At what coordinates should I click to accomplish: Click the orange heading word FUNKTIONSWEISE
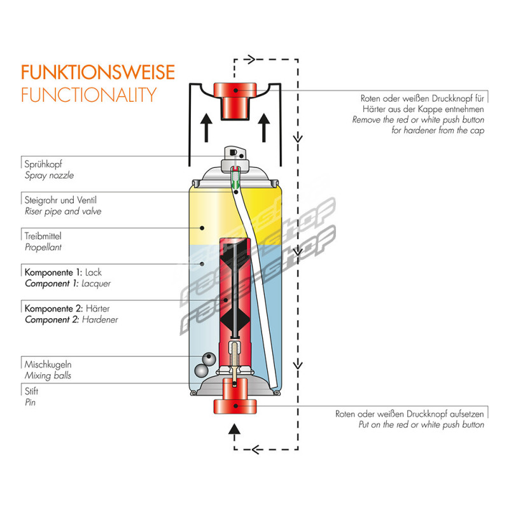pos(97,72)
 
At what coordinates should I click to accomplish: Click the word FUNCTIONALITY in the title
pos(88,95)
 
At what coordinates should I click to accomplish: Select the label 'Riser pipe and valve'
pos(62,211)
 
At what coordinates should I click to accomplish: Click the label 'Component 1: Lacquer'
pos(72,283)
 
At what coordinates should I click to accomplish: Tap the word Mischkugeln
pos(48,365)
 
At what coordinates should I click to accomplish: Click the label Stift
pos(32,392)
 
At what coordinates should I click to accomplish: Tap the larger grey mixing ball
pos(202,370)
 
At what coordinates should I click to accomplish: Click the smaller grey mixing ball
pos(208,358)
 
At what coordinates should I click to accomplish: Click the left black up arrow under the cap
pos(206,128)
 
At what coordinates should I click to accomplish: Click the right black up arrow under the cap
pos(264,128)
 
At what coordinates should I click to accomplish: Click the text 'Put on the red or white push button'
pos(421,424)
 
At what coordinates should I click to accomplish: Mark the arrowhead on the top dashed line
pos(251,60)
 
